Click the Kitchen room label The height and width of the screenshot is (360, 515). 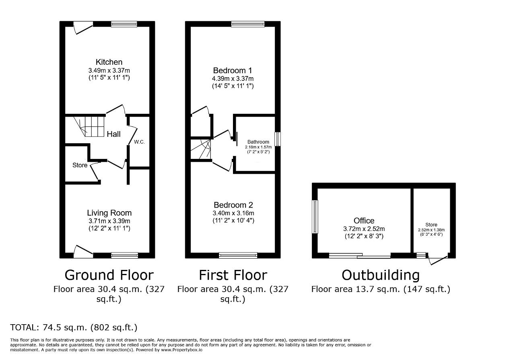click(109, 62)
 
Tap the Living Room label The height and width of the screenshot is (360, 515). click(109, 213)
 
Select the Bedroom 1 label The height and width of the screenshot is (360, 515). click(233, 70)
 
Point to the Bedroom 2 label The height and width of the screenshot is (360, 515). click(233, 205)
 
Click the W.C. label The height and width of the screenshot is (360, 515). click(139, 142)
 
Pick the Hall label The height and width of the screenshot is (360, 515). click(113, 134)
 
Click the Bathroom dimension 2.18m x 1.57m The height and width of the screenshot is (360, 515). click(258, 147)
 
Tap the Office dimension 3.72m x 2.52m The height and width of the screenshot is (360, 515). click(364, 229)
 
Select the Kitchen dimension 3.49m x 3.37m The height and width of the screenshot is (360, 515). click(109, 70)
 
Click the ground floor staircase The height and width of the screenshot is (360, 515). click(90, 126)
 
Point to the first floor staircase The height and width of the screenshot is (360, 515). click(201, 149)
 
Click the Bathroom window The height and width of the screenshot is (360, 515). click(278, 139)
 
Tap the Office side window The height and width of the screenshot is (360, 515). click(315, 216)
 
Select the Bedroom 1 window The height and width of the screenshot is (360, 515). click(248, 24)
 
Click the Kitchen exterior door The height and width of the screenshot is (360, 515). click(83, 28)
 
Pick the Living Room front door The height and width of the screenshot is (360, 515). click(83, 252)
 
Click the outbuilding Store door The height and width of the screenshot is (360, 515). click(438, 259)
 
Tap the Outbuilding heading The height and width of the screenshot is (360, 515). click(381, 275)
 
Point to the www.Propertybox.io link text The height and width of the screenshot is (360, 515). click(181, 350)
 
